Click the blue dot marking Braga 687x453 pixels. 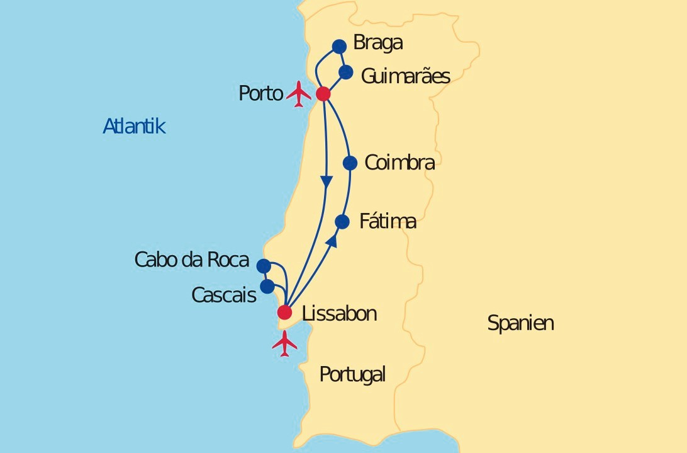point(339,46)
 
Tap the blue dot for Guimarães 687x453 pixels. point(346,72)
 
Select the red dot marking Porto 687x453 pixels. point(323,94)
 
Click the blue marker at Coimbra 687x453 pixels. point(350,163)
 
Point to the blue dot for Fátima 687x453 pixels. point(342,222)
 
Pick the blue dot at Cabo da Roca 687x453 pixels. point(264,266)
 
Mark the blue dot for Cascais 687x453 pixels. point(267,287)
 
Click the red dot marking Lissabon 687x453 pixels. point(285,313)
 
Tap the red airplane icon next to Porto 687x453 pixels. point(299,94)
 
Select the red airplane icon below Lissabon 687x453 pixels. point(285,343)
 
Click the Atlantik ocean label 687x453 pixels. point(134,127)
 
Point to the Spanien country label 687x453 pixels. point(520,324)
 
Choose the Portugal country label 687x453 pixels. point(352,374)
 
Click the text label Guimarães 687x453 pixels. point(405,76)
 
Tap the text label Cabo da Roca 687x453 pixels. point(192,260)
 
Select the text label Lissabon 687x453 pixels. point(339,314)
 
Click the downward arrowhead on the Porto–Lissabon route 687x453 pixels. point(327,180)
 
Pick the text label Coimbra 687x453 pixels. point(399,163)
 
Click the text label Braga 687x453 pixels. point(377,43)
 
